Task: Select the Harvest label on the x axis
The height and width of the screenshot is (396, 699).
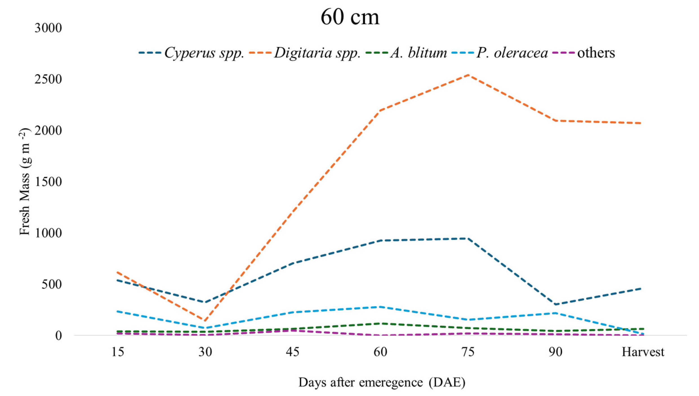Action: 643,352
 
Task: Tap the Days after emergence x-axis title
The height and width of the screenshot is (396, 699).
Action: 382,382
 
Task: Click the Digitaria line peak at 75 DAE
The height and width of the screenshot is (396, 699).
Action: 467,75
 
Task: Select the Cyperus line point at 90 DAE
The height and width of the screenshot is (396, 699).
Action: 555,304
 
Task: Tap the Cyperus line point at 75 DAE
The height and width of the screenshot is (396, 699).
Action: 467,238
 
